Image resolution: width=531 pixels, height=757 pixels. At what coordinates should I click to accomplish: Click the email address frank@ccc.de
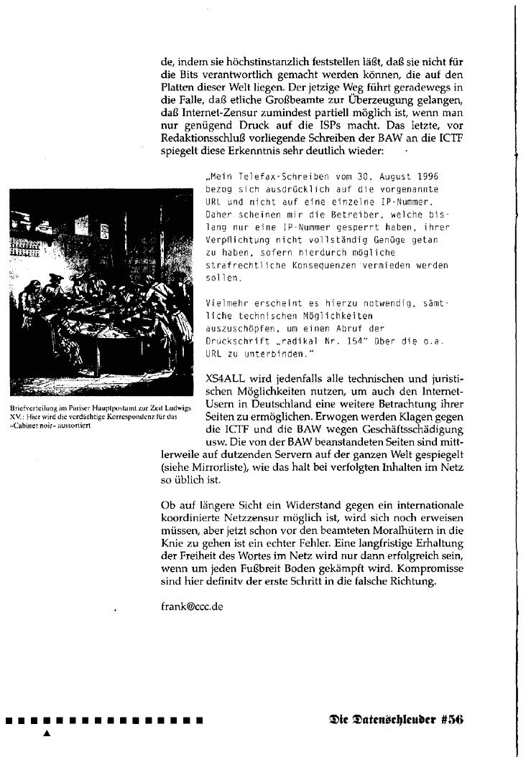pos(192,606)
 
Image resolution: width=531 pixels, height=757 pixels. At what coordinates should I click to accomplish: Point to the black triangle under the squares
pos(47,733)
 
